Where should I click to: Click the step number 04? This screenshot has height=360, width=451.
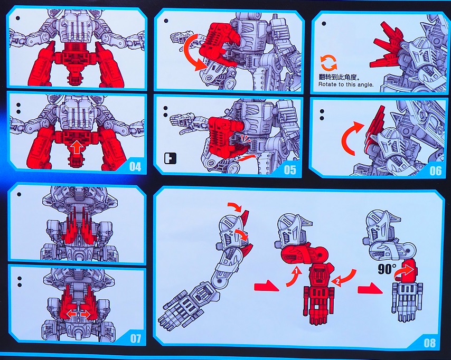coord(135,166)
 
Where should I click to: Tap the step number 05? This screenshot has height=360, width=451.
coord(289,169)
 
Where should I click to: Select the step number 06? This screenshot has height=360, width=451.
coord(436,171)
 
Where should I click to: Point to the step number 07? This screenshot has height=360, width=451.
coord(136,338)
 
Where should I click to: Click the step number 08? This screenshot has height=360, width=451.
coord(430,343)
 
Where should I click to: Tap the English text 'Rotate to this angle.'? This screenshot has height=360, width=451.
coord(346,84)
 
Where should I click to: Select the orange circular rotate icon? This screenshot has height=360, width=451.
coord(328,63)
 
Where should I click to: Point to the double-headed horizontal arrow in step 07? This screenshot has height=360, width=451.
coord(78,315)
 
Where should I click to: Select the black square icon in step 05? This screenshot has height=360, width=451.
coord(170,158)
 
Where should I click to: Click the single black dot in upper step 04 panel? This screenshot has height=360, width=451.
coord(18,18)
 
